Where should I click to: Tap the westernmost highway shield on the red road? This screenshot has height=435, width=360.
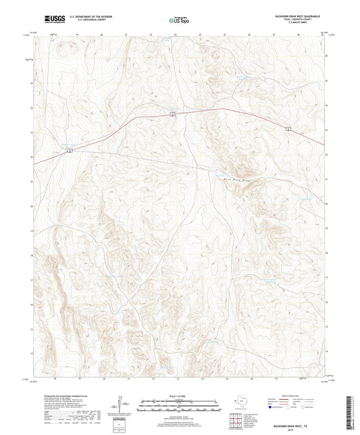(x=70, y=151)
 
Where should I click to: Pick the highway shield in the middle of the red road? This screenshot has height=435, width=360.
(x=173, y=114)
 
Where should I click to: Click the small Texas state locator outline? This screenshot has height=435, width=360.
(x=238, y=405)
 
